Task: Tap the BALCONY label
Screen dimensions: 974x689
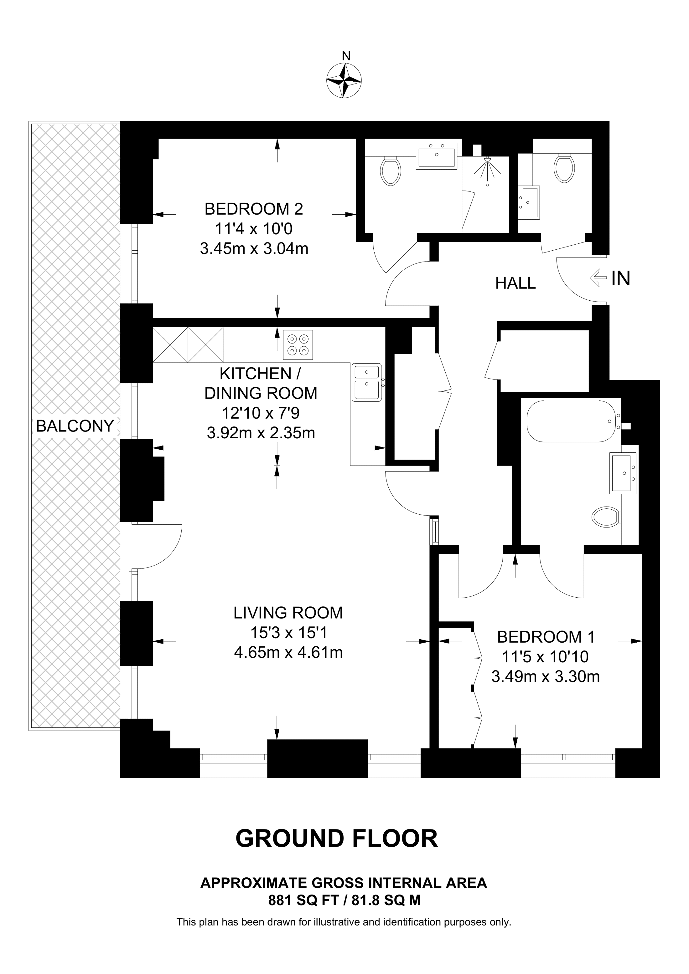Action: click(75, 426)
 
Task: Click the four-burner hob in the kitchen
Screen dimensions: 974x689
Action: click(298, 345)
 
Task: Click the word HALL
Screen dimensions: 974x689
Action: click(515, 283)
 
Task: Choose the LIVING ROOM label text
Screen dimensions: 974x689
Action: click(288, 613)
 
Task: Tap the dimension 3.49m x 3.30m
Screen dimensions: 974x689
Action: click(546, 677)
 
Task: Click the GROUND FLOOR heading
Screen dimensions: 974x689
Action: click(336, 839)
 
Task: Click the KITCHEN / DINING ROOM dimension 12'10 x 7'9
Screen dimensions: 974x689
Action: click(261, 413)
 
